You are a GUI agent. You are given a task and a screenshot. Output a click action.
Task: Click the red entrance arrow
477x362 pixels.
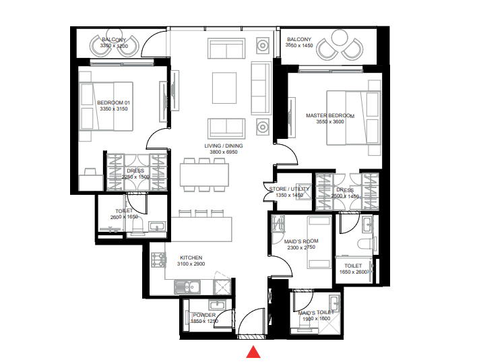click(253, 351)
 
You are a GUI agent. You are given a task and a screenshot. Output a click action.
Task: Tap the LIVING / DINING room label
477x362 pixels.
click(224, 146)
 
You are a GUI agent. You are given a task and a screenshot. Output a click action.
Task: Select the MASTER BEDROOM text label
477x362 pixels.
click(330, 116)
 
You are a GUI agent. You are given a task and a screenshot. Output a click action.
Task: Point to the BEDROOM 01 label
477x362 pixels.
click(113, 102)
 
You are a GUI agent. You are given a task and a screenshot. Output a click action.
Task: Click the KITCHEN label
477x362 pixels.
click(191, 258)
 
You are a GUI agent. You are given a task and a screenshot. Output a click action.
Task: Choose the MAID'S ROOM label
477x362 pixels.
click(300, 241)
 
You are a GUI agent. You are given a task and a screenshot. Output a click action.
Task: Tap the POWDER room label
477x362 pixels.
click(204, 315)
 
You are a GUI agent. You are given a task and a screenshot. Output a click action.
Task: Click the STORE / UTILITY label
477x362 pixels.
click(289, 189)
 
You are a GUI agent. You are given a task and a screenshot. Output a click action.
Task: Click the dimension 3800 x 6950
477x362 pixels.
click(224, 153)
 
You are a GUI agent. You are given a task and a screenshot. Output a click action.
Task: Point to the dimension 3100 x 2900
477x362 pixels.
click(191, 265)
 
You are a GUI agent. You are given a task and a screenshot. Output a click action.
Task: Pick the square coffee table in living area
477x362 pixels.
click(224, 86)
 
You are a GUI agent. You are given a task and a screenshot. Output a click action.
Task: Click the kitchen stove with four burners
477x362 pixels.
click(159, 259)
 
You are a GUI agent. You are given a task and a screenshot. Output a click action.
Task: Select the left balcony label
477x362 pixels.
click(113, 40)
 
